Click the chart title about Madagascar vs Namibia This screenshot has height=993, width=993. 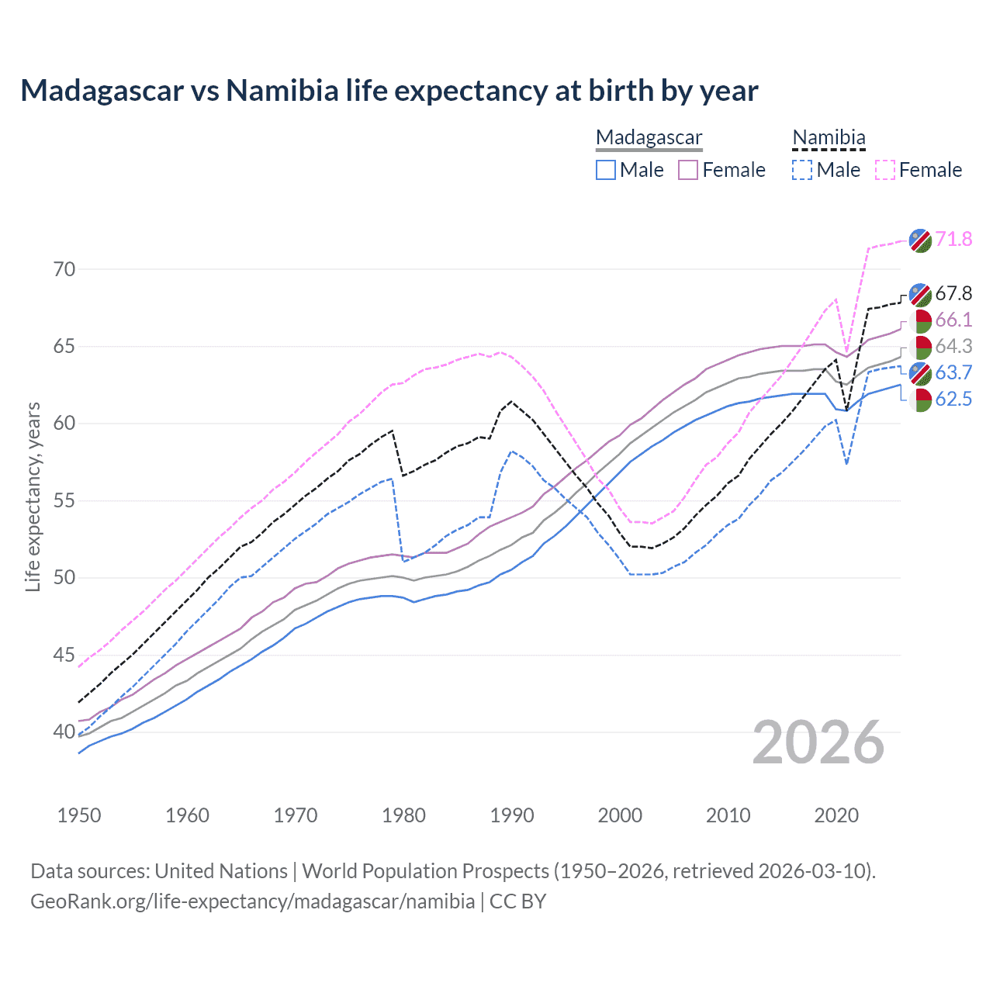389,91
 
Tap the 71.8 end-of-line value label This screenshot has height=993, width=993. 953,239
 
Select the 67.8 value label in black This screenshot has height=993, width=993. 953,293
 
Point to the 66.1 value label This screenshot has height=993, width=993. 953,320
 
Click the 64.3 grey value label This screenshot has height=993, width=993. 953,346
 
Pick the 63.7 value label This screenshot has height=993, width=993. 953,372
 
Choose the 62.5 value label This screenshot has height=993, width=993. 953,399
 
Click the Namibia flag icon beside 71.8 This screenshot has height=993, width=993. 920,240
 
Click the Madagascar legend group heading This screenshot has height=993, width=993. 649,137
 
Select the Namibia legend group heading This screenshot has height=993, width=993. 829,137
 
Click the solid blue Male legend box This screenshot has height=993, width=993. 606,170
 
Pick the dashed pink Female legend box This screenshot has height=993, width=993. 884,170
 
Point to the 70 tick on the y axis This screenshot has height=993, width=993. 64,269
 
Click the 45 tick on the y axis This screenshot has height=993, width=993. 64,656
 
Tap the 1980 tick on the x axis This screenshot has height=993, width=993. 403,815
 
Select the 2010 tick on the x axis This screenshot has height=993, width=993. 728,815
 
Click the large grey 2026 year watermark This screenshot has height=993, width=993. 818,742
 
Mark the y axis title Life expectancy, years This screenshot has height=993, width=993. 33,496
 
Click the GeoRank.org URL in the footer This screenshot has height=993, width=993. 252,901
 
